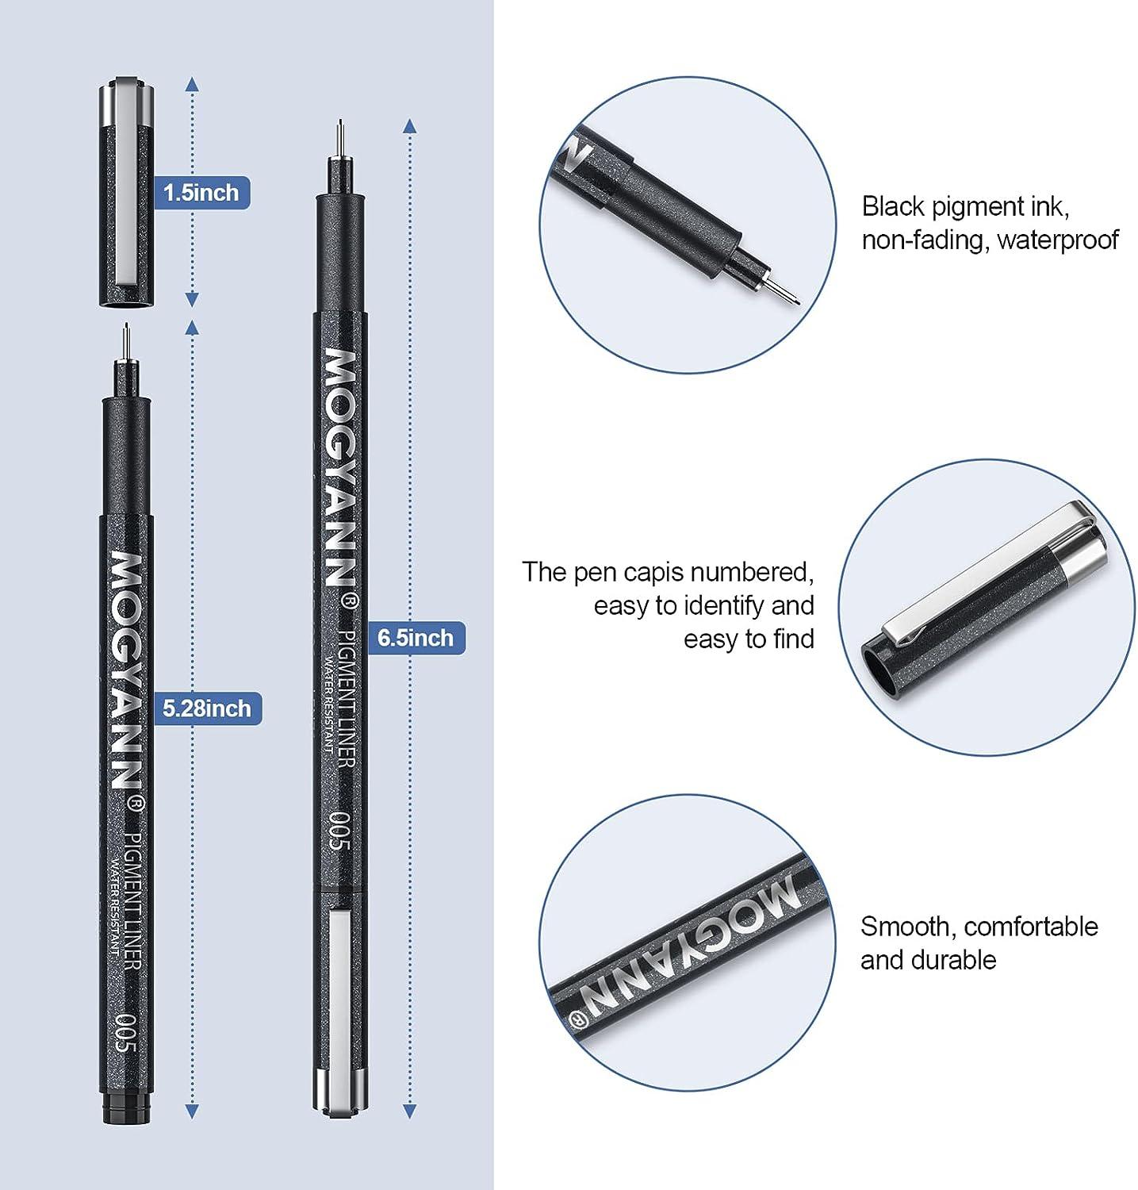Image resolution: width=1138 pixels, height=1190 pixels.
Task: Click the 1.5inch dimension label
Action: click(x=201, y=192)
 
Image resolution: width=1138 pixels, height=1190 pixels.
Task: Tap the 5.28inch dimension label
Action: click(x=207, y=708)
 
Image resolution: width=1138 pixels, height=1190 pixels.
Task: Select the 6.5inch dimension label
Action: click(x=415, y=638)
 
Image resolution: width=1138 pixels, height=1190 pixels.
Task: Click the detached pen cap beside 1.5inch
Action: click(x=126, y=194)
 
